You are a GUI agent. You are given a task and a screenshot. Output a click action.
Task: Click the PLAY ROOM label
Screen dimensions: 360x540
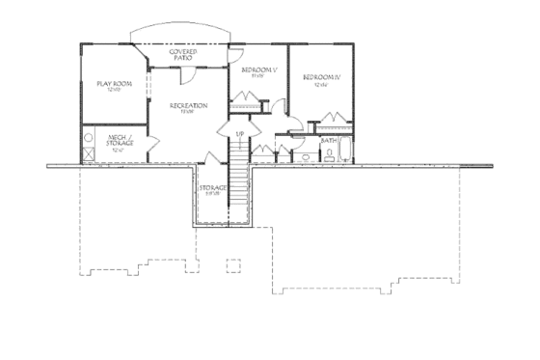(x=114, y=84)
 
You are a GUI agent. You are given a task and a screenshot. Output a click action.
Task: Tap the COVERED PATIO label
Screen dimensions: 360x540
(x=183, y=54)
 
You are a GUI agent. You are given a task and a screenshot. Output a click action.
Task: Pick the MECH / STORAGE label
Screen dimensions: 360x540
(x=119, y=143)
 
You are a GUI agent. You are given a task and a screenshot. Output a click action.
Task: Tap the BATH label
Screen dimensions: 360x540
(x=329, y=140)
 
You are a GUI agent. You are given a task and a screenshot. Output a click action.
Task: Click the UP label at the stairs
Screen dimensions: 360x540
(x=238, y=133)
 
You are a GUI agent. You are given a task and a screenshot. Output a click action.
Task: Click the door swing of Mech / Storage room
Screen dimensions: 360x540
(x=152, y=145)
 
